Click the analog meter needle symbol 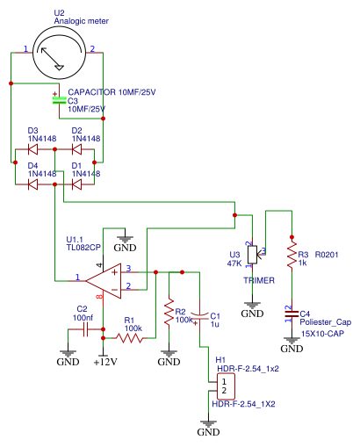pyautogui.click(x=52, y=59)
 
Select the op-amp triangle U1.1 pyautogui.click(x=104, y=281)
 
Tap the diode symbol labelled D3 pyautogui.click(x=32, y=149)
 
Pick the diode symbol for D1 pyautogui.click(x=76, y=184)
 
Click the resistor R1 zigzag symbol pyautogui.click(x=129, y=338)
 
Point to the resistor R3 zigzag pyautogui.click(x=292, y=254)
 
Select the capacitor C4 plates pyautogui.click(x=292, y=314)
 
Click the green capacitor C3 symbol pyautogui.click(x=59, y=100)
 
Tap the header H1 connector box pyautogui.click(x=226, y=386)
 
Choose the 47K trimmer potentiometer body pyautogui.click(x=252, y=255)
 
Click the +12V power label pyautogui.click(x=105, y=362)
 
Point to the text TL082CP pyautogui.click(x=83, y=248)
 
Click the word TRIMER pyautogui.click(x=259, y=280)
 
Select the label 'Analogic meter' pyautogui.click(x=82, y=21)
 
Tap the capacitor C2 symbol pyautogui.click(x=85, y=329)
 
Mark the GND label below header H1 pyautogui.click(x=208, y=432)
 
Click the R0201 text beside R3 pyautogui.click(x=327, y=255)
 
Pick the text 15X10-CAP pyautogui.click(x=322, y=334)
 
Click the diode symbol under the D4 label pyautogui.click(x=32, y=184)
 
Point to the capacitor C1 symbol pyautogui.click(x=199, y=315)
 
